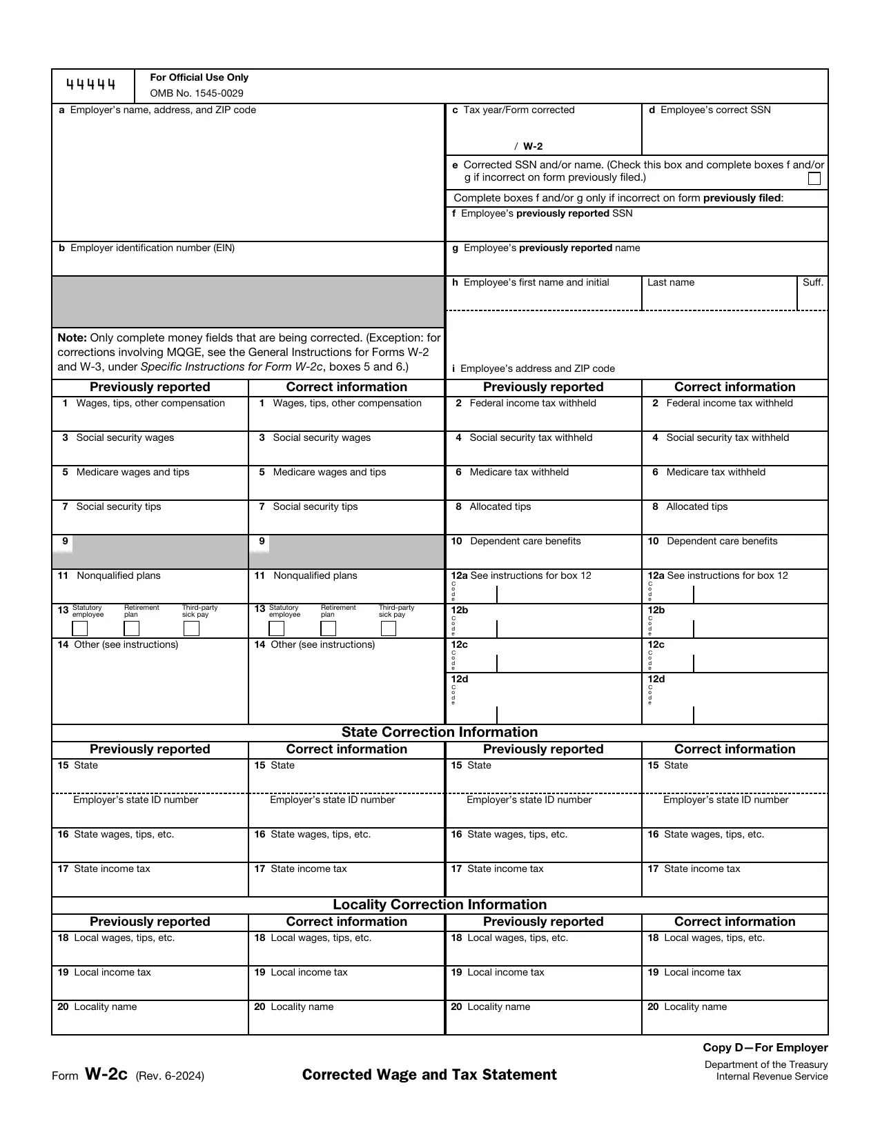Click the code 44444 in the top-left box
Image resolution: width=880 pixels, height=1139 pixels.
90,85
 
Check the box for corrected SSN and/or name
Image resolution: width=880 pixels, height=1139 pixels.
814,179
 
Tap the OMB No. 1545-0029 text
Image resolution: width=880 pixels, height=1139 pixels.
196,93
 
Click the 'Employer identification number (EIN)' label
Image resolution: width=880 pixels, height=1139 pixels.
152,248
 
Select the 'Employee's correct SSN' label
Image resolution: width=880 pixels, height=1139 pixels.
715,110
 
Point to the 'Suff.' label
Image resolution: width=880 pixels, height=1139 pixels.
813,282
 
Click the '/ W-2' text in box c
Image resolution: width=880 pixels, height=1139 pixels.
529,146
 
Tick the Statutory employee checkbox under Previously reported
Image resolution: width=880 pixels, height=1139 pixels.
80,628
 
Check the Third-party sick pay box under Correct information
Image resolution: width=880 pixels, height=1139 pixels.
389,628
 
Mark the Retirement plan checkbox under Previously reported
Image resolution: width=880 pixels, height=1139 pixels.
131,628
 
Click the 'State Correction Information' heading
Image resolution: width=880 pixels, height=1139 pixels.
440,732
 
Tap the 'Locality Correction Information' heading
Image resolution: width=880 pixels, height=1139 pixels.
440,904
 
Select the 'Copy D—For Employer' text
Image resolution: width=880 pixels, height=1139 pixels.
765,1047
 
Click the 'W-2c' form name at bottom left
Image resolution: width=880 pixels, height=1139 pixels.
106,1074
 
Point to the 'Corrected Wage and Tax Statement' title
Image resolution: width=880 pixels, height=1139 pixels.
429,1075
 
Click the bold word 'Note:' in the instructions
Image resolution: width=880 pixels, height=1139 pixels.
72,337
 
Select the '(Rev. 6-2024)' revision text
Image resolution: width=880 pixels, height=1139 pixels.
170,1076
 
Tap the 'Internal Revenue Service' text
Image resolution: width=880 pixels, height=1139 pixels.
772,1076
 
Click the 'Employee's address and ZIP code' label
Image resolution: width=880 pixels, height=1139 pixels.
537,368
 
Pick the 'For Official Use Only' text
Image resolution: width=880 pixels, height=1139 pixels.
199,77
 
